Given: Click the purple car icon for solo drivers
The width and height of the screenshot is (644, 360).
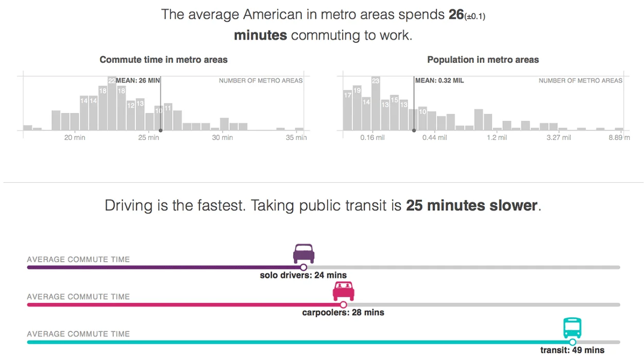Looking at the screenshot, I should pyautogui.click(x=303, y=253).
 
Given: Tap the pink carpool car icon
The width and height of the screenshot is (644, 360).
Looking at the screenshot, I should pyautogui.click(x=343, y=291).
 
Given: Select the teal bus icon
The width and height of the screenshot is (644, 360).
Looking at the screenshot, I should pyautogui.click(x=572, y=328).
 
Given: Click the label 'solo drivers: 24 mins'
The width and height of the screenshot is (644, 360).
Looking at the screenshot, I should pyautogui.click(x=303, y=275).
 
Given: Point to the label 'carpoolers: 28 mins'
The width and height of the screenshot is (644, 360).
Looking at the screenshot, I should pyautogui.click(x=343, y=312).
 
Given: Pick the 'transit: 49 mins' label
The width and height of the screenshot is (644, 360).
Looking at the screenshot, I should pyautogui.click(x=572, y=350).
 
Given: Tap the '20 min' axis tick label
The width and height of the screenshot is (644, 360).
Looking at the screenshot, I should pyautogui.click(x=75, y=138).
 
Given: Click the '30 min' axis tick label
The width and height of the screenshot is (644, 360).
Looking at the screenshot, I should pyautogui.click(x=223, y=138).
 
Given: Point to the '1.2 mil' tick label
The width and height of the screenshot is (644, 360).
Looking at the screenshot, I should pyautogui.click(x=497, y=138).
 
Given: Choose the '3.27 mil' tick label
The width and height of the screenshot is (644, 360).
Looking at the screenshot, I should pyautogui.click(x=558, y=138).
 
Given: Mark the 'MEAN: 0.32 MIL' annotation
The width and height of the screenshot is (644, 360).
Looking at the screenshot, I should pyautogui.click(x=439, y=80).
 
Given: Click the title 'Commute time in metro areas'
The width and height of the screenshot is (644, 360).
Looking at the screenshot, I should pyautogui.click(x=163, y=60).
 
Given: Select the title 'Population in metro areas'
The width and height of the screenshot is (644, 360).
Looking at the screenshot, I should pyautogui.click(x=483, y=60).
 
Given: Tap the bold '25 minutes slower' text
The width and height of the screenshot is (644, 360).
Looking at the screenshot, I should pyautogui.click(x=472, y=205).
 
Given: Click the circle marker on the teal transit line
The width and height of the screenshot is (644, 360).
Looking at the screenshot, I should pyautogui.click(x=572, y=342).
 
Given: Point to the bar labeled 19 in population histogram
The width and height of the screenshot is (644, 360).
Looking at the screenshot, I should pyautogui.click(x=357, y=108).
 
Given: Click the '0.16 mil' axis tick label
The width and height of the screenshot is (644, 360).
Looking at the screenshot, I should pyautogui.click(x=372, y=138).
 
